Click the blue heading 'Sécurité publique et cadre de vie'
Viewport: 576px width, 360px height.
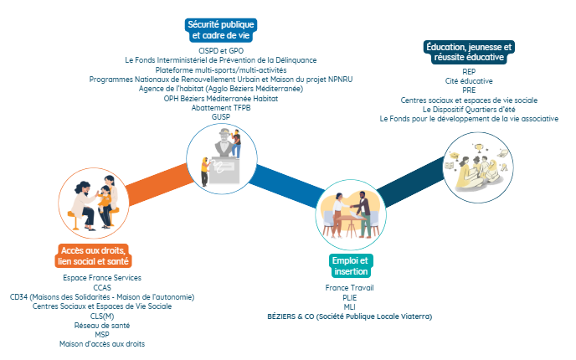pos(220,30)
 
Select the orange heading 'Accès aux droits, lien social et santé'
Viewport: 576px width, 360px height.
pos(95,256)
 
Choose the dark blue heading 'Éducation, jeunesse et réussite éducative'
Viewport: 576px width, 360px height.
pos(469,53)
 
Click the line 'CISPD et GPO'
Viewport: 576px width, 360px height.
pos(221,51)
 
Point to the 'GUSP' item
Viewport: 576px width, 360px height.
pos(220,116)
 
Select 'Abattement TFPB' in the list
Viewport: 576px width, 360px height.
pos(220,107)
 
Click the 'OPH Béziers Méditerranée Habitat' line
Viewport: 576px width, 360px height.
pos(221,98)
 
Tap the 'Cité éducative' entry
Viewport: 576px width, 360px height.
pos(469,81)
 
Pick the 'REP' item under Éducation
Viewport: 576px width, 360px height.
pos(469,72)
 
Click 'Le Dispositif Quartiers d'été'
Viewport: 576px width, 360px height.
pos(469,109)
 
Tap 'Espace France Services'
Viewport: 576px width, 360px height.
pos(102,277)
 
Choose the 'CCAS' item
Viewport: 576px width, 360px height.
pos(102,287)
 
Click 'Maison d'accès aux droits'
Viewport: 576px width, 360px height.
pos(102,344)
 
